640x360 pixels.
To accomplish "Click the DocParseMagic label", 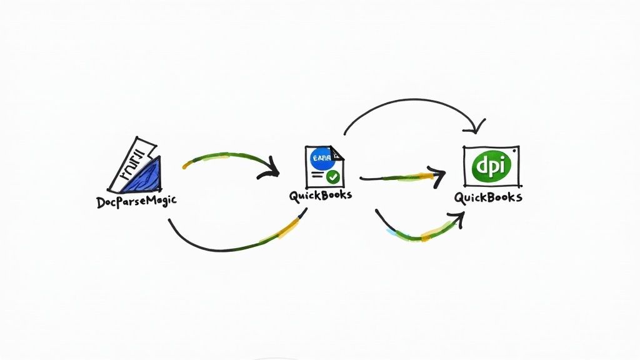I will [136, 202].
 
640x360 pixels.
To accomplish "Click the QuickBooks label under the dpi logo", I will [488, 197].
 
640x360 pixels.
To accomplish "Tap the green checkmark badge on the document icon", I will [334, 177].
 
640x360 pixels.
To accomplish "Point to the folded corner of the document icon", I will [336, 152].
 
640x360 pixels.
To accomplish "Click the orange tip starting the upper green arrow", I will [186, 166].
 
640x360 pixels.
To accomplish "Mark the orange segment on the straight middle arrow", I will [425, 177].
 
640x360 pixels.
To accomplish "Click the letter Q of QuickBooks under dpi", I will [460, 198].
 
